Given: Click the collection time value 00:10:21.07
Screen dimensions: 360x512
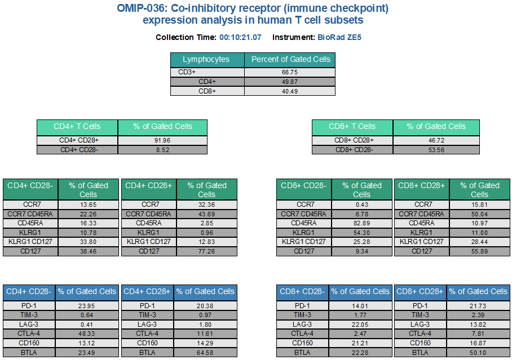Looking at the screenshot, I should pos(240,38).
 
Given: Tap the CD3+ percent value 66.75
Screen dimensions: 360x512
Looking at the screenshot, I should pos(290,72).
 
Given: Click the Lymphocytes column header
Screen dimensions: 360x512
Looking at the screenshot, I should pos(206,59).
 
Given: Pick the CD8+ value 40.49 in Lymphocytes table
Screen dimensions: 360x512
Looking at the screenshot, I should pos(290,91).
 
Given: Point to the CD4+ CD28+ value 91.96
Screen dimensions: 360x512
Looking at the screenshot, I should pos(162,140).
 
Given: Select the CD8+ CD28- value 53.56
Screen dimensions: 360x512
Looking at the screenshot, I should pos(437,150).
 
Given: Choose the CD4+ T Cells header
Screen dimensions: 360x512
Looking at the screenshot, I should pos(77,126).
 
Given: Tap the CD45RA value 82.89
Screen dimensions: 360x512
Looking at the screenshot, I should pos(361,223).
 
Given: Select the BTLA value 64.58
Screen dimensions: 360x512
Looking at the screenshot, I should pos(205,353).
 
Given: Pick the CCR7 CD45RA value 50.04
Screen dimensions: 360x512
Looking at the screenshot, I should pos(479,214).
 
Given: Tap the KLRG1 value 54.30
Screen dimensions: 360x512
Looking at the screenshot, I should pos(361,233).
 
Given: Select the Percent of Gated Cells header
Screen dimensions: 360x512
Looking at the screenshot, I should pos(290,59).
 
